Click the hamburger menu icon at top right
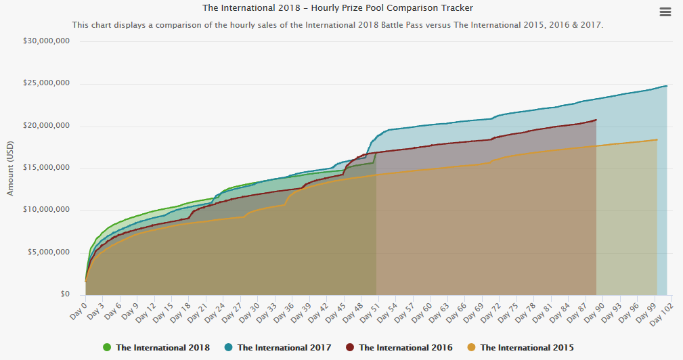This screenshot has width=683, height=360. (x=665, y=12)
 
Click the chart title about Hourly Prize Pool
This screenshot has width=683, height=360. (x=338, y=8)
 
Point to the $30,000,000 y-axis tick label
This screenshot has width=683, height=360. (x=46, y=41)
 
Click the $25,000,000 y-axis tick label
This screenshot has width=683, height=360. (x=46, y=84)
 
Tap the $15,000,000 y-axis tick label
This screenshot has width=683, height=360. (x=46, y=168)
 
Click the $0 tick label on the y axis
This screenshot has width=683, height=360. (x=64, y=295)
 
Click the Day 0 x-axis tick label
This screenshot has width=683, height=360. (x=79, y=310)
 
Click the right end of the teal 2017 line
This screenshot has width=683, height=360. (x=667, y=86)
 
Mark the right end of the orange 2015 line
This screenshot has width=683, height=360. (x=657, y=139)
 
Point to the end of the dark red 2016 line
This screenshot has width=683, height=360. (x=596, y=120)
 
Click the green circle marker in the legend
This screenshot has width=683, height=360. (x=107, y=348)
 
